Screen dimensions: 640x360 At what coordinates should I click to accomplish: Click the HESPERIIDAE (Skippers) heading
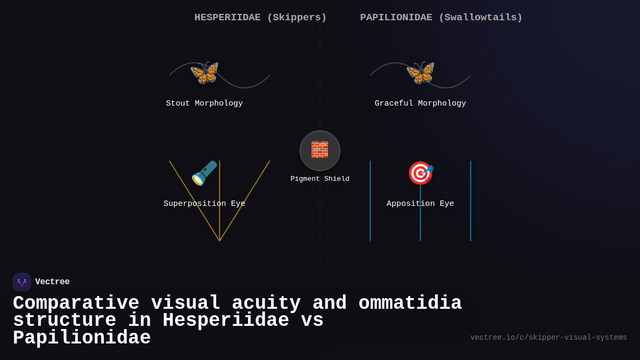pos(260,18)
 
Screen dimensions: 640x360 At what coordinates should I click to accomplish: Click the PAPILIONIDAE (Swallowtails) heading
pos(441,18)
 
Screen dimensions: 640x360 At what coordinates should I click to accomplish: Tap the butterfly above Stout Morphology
pos(205,73)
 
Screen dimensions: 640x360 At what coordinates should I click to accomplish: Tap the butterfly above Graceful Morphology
pos(420,73)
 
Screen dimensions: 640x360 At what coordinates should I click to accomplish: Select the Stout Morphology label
pos(204,103)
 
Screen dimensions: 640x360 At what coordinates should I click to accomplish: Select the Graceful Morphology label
pos(420,103)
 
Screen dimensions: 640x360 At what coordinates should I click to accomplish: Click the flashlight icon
pos(204,173)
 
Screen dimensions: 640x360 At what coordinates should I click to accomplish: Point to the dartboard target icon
pos(420,173)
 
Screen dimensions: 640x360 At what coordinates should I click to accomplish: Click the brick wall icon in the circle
pos(320,150)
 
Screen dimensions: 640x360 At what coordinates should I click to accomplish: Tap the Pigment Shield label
pos(320,179)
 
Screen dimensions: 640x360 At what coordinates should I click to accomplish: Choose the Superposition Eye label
pos(204,204)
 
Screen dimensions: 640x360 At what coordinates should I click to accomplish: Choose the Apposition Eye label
pos(420,204)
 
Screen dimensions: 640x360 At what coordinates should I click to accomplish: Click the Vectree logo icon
pos(22,282)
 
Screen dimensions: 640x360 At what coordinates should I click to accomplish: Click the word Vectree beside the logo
pos(52,282)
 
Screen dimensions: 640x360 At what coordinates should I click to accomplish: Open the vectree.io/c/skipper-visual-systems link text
pos(548,338)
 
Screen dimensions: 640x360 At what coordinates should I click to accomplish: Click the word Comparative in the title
pos(76,303)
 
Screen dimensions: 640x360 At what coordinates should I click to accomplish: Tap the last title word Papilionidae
pos(82,339)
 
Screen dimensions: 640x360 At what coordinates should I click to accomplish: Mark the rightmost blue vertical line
pos(470,224)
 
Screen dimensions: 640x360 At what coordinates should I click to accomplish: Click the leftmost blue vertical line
pos(370,224)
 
